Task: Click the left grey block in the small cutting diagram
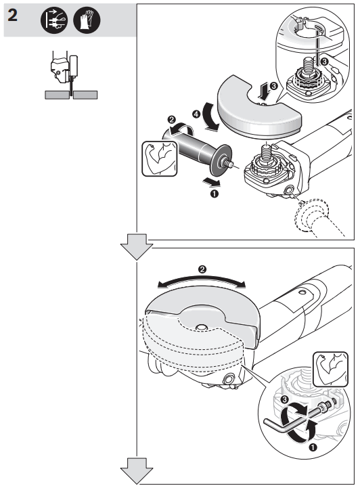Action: tap(58, 95)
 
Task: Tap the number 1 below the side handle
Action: tap(215, 194)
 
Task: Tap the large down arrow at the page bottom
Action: tap(137, 471)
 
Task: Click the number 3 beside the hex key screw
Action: tap(284, 402)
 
